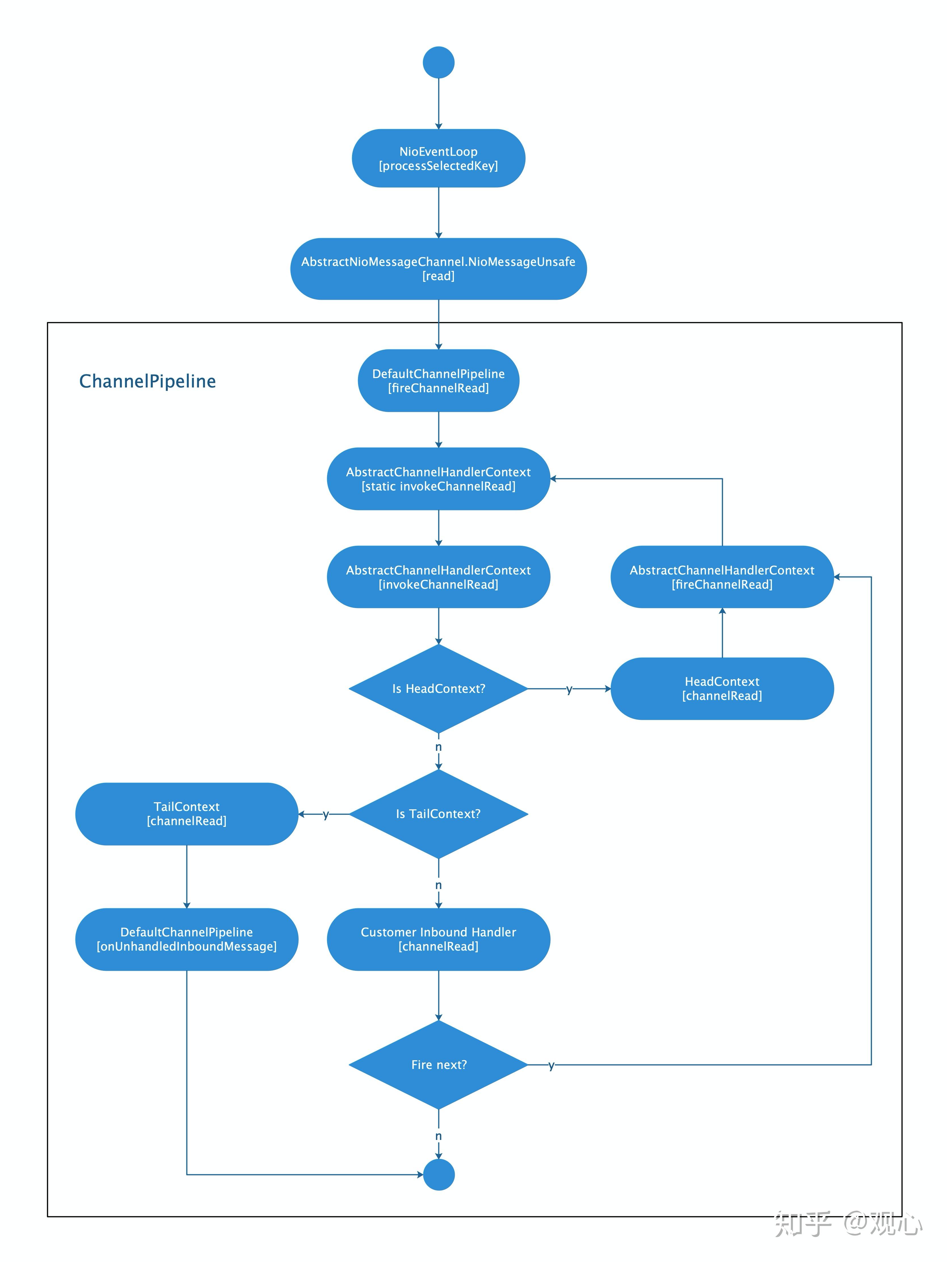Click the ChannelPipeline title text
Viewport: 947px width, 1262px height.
pos(147,381)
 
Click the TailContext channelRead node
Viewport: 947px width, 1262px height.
pos(186,814)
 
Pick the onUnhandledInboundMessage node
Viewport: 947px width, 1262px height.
pos(186,939)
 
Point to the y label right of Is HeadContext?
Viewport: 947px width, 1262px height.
pos(569,689)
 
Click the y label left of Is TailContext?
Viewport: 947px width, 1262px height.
pos(326,814)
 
